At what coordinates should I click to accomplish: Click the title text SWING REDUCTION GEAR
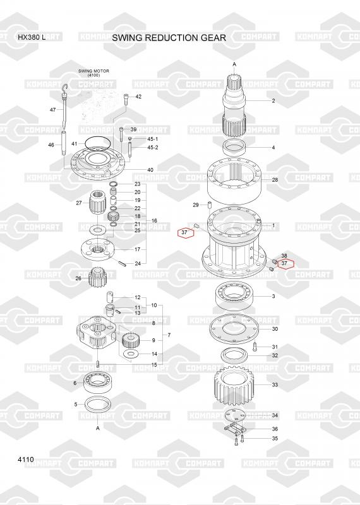coord(169,38)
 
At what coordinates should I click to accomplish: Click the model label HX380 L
coord(32,37)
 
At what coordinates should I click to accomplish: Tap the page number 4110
coord(26,460)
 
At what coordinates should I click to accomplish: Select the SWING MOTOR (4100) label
coord(93,73)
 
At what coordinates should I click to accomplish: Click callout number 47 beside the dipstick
coord(53,110)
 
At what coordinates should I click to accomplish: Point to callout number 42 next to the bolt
coord(138,97)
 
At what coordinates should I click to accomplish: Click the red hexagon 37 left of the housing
coord(186,232)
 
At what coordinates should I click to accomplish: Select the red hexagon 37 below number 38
coord(285,264)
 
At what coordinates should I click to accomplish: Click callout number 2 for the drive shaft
coord(273,101)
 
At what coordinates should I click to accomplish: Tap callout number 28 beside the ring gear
coord(275,180)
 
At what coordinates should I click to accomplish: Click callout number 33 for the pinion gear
coord(275,384)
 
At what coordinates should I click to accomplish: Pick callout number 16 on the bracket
coord(154,220)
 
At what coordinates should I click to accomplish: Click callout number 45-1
coord(152,139)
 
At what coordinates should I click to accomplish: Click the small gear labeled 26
coord(97,276)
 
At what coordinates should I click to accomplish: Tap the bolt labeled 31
coord(254,347)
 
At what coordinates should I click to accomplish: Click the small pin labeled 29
coord(209,205)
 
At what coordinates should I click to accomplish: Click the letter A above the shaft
coord(234,64)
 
